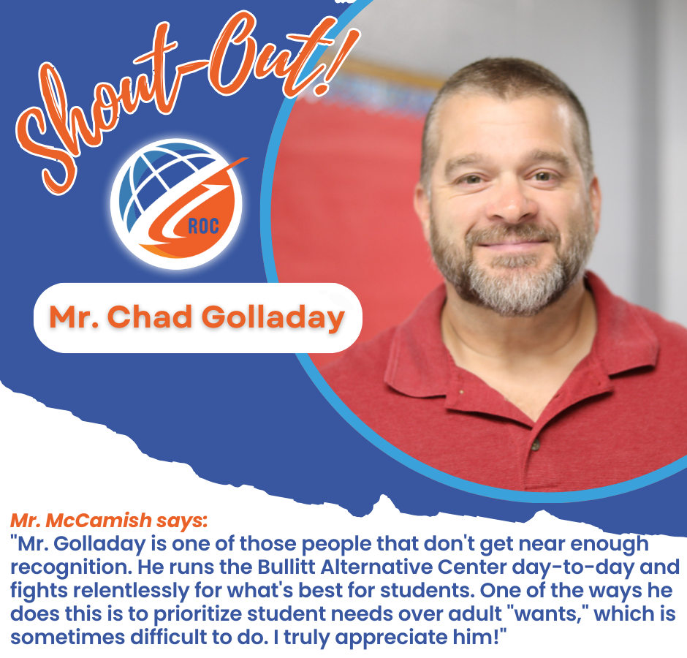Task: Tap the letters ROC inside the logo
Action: point(203,226)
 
